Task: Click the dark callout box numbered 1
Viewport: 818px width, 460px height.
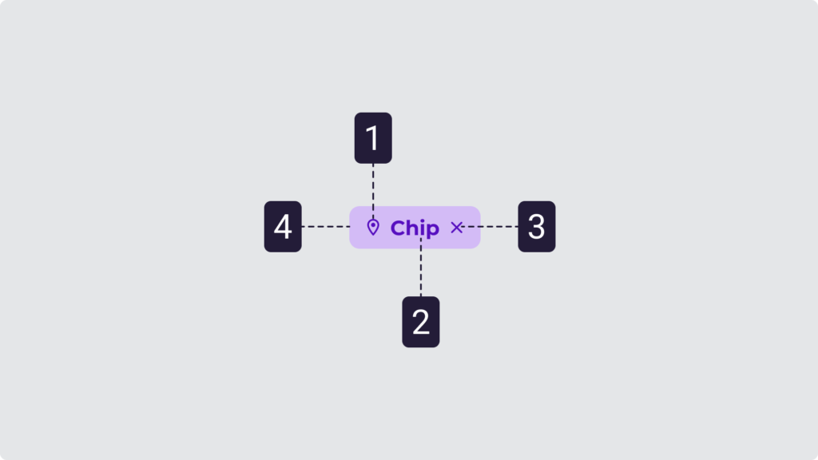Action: pyautogui.click(x=373, y=138)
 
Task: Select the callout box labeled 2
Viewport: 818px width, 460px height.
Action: pyautogui.click(x=420, y=322)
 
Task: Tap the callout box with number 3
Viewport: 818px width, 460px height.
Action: pyautogui.click(x=536, y=227)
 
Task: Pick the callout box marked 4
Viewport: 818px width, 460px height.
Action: pyautogui.click(x=283, y=227)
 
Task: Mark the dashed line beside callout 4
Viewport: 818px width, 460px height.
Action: pyautogui.click(x=326, y=227)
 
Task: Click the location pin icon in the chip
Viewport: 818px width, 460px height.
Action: pyautogui.click(x=372, y=227)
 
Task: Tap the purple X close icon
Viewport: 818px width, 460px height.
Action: pyautogui.click(x=456, y=228)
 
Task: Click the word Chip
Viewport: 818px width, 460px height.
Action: pyautogui.click(x=415, y=228)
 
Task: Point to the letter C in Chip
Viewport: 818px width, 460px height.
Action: pyautogui.click(x=398, y=228)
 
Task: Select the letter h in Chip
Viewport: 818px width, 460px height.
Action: pyautogui.click(x=411, y=228)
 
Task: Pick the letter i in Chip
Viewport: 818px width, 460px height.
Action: pyautogui.click(x=422, y=228)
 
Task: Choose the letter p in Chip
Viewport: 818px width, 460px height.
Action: pyautogui.click(x=432, y=231)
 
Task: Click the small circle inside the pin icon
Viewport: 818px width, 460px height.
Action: pyautogui.click(x=372, y=225)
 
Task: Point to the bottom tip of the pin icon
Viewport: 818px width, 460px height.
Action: pyautogui.click(x=372, y=235)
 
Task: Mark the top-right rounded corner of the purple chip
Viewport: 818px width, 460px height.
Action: pyautogui.click(x=476, y=210)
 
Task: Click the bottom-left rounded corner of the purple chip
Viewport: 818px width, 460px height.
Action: pyautogui.click(x=353, y=244)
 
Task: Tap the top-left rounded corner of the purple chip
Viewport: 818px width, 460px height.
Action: pyautogui.click(x=353, y=210)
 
